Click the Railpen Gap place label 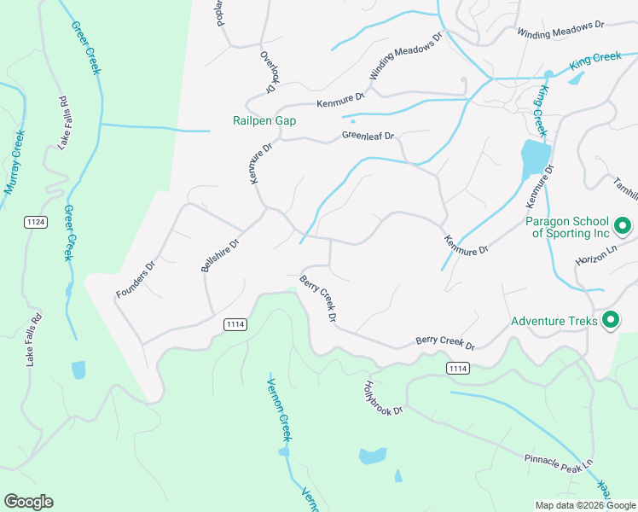(264, 121)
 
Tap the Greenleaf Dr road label (368, 136)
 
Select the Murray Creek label (14, 162)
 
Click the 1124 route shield (35, 222)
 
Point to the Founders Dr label (136, 279)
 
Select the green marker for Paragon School (623, 226)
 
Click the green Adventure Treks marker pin (610, 321)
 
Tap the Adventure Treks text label (554, 322)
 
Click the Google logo (28, 502)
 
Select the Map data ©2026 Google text (584, 505)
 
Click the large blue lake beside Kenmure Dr (535, 158)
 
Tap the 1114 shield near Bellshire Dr (236, 324)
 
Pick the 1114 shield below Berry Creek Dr (458, 367)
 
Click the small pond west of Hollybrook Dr (373, 456)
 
